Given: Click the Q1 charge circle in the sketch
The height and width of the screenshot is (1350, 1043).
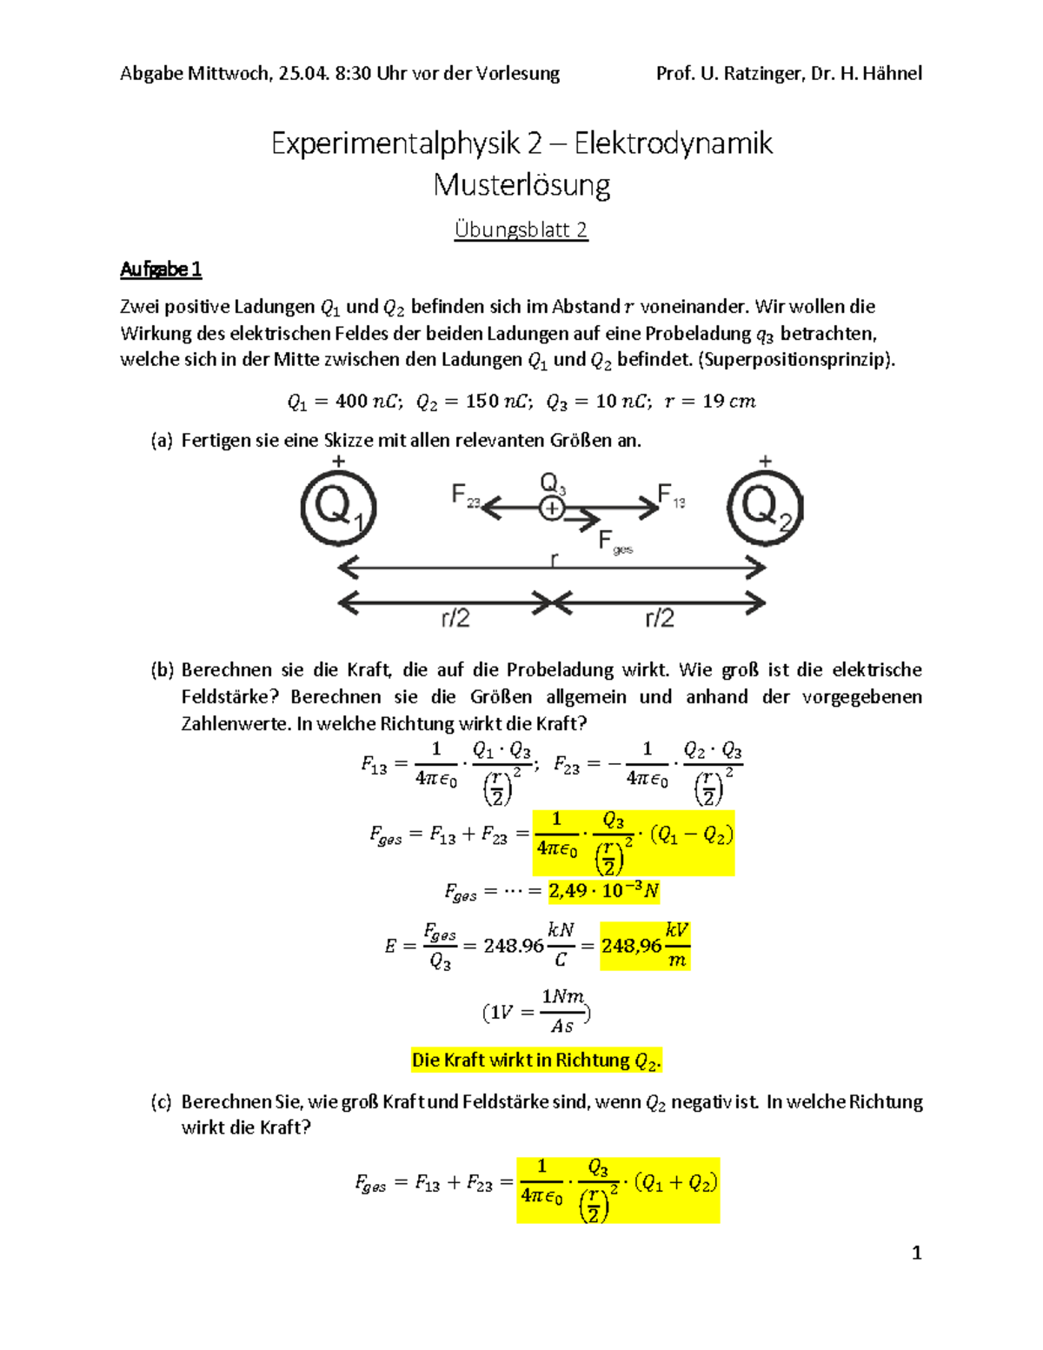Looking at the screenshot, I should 338,508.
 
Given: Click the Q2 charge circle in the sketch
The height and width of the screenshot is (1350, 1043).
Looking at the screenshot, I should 764,507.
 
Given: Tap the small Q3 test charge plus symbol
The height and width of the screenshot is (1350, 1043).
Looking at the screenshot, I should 552,509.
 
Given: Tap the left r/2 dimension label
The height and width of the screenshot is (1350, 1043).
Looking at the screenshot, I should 455,618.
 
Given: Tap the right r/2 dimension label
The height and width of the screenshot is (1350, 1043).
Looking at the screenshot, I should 660,618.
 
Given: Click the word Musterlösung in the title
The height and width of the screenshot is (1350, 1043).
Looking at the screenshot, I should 521,185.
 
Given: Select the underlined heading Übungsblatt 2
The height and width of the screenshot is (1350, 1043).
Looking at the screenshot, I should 521,229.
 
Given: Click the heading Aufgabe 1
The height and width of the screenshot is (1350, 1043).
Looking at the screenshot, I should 161,269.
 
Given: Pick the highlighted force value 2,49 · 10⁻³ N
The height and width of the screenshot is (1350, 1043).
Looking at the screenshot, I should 603,890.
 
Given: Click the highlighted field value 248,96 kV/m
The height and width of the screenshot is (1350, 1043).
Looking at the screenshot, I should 644,945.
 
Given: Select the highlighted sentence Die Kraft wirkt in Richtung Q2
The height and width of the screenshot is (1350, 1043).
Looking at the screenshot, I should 536,1060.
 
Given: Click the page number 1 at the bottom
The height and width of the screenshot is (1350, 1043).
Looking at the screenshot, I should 916,1253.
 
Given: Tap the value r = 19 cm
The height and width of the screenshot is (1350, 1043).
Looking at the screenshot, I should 709,402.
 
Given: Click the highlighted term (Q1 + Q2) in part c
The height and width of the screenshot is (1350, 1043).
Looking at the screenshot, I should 675,1182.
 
